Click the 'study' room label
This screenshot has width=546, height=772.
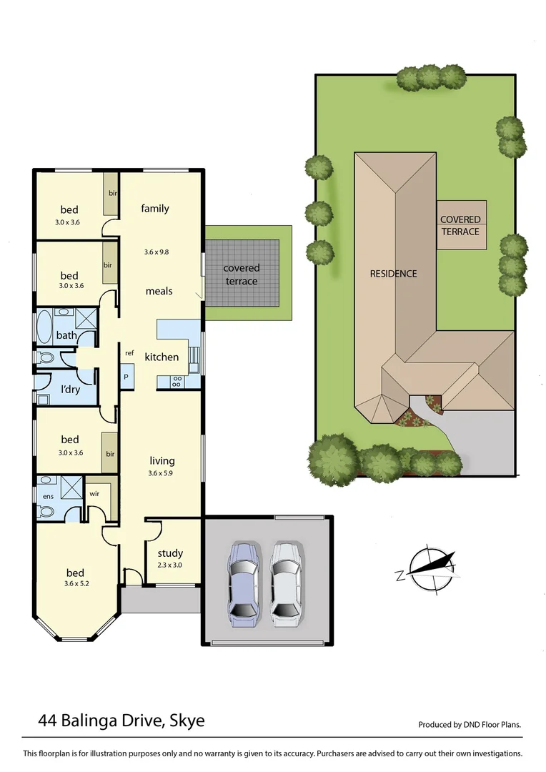click(x=170, y=553)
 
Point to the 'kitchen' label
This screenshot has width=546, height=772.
click(x=162, y=357)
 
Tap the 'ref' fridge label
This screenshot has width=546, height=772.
click(x=129, y=352)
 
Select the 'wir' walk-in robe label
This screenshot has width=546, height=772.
click(x=94, y=493)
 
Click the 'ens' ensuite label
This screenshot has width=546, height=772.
click(x=49, y=496)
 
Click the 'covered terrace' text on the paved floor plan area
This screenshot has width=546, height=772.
click(x=242, y=274)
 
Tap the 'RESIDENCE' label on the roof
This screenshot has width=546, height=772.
click(x=393, y=273)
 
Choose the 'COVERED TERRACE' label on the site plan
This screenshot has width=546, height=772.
click(x=460, y=225)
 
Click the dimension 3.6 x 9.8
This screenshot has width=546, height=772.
click(x=155, y=252)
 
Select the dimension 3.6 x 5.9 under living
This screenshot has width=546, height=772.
click(x=162, y=472)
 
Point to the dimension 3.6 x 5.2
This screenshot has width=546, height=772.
click(x=75, y=583)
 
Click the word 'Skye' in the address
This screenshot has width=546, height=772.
click(x=187, y=721)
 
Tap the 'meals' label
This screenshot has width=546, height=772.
click(x=159, y=291)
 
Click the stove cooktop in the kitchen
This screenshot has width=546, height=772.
click(x=177, y=381)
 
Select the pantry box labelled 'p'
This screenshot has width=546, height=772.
click(x=126, y=376)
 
